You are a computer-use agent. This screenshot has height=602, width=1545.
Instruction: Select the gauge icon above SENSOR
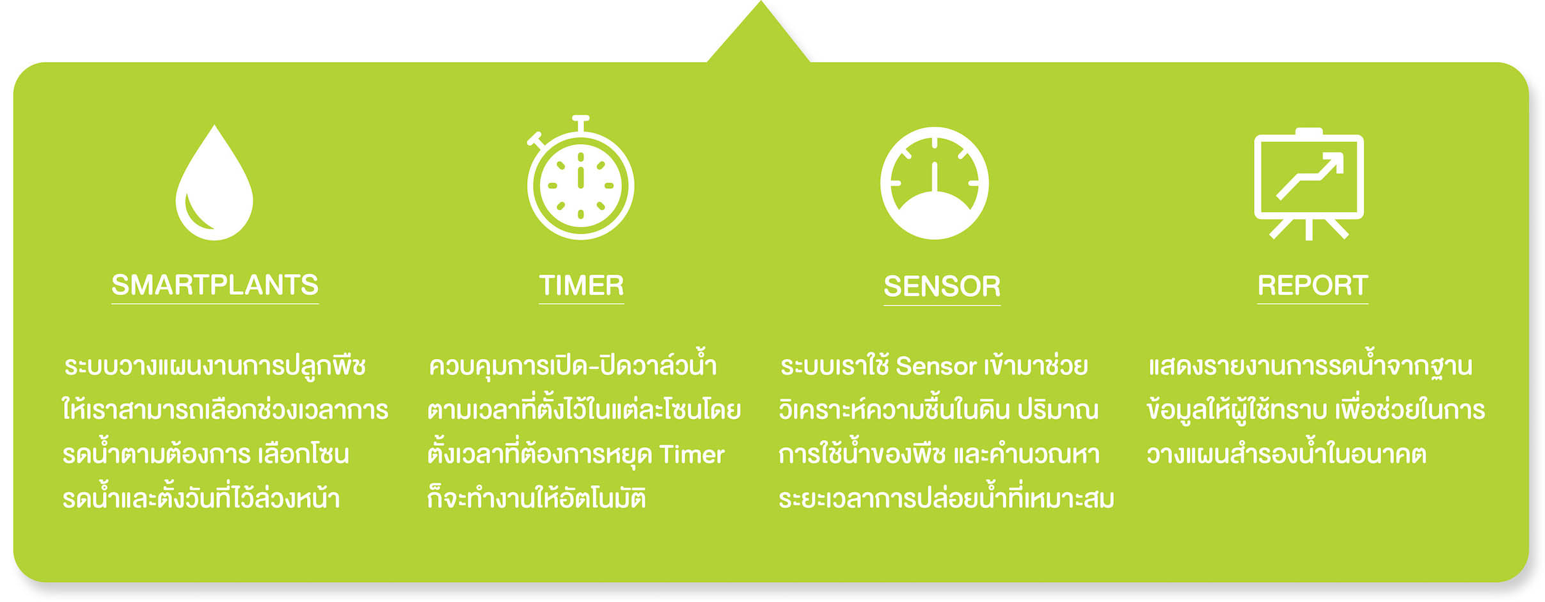coord(935,183)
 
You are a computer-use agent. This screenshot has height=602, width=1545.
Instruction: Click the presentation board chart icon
coord(1309,184)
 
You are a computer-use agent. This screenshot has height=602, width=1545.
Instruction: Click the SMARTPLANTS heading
coord(215,285)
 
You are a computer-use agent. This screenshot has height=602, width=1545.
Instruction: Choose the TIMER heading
coord(581,285)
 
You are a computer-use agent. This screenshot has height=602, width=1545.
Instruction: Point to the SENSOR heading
coord(942,286)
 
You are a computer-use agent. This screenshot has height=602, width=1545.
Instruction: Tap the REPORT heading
coord(1313,285)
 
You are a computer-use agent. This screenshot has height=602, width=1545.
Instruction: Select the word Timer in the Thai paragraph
coord(692,454)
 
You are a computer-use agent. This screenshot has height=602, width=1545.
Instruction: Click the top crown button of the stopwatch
coord(581,123)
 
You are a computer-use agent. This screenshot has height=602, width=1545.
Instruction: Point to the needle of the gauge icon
coord(935,177)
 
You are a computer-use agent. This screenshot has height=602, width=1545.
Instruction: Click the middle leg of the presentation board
coord(1309,229)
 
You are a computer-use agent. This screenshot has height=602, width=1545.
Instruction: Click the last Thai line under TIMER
coord(537,497)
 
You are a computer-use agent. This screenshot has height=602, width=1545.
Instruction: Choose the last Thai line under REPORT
coord(1286,454)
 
